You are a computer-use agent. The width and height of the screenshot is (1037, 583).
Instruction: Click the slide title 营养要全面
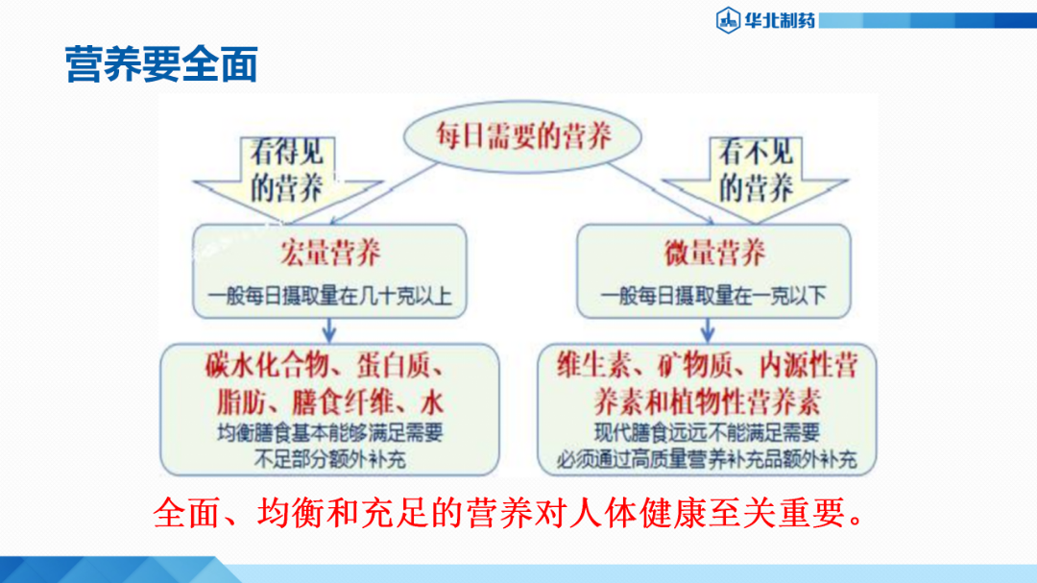point(161,64)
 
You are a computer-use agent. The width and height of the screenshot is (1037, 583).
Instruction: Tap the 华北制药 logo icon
point(728,18)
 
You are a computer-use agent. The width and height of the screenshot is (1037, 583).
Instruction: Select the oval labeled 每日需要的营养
point(523,136)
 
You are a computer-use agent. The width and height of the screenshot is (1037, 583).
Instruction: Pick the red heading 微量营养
point(714,254)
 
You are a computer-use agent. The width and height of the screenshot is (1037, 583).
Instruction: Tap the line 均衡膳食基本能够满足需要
point(329,434)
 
